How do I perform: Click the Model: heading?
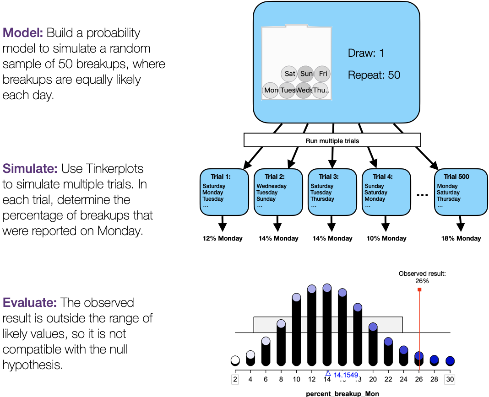pos(23,32)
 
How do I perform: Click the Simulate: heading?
pos(30,169)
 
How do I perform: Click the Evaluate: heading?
pos(30,302)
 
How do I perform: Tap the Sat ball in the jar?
pos(289,74)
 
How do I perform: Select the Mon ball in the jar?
pos(271,90)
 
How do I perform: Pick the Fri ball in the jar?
pos(322,74)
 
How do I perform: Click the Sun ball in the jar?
pos(306,74)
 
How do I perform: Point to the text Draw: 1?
pos(366,53)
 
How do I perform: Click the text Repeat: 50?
pos(374,75)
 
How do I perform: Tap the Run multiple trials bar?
pos(332,140)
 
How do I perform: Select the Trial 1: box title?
pos(221,177)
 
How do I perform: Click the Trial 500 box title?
pos(456,177)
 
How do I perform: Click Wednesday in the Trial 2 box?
pos(272,186)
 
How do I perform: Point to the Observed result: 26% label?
pos(422,277)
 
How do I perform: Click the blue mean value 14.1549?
pos(346,375)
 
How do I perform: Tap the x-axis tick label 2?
pos(235,379)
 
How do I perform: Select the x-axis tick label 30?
pos(450,379)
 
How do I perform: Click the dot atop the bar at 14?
pos(327,288)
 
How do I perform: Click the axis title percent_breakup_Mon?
pos(342,393)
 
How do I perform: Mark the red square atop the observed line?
pos(419,289)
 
